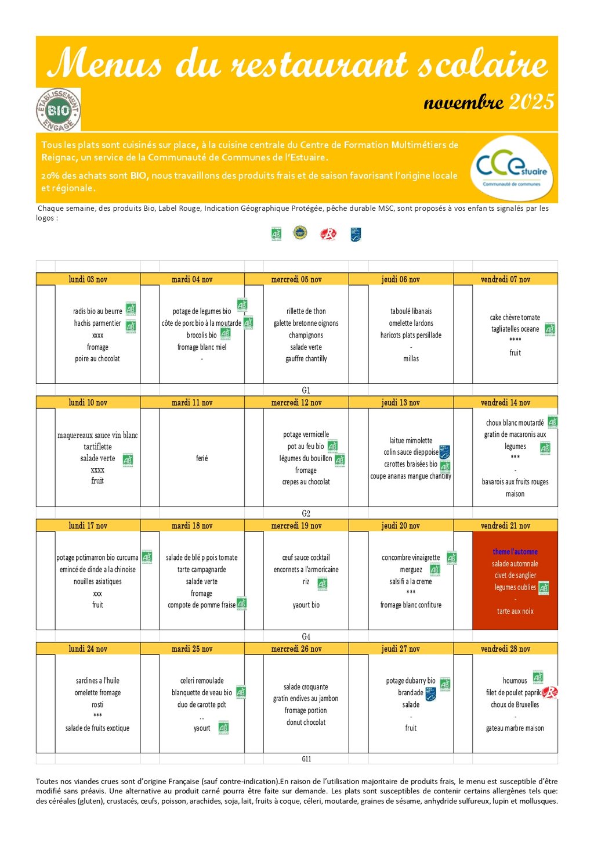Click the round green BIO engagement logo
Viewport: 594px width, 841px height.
point(58,110)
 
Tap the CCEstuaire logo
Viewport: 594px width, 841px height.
point(511,168)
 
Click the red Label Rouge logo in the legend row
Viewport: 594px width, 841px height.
point(328,234)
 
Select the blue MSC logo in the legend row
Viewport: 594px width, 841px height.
point(356,235)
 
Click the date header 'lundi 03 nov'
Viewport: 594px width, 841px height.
point(88,279)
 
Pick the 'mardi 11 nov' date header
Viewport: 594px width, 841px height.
point(192,402)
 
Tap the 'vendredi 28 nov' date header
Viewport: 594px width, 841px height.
point(505,649)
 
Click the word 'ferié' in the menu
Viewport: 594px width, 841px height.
point(202,458)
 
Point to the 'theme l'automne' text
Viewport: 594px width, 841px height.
point(515,552)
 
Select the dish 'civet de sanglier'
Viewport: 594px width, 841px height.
point(515,575)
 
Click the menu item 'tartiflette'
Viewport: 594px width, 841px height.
point(97,447)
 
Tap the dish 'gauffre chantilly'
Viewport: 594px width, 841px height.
point(306,358)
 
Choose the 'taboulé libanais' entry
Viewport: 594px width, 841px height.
point(411,311)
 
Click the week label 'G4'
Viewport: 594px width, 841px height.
point(306,637)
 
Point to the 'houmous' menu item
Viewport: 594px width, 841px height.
point(515,681)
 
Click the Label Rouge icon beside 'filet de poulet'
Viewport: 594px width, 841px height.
point(549,692)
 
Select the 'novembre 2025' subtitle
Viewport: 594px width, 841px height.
point(489,103)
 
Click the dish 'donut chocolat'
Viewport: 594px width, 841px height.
point(306,722)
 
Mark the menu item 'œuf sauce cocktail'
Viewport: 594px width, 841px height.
point(306,557)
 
